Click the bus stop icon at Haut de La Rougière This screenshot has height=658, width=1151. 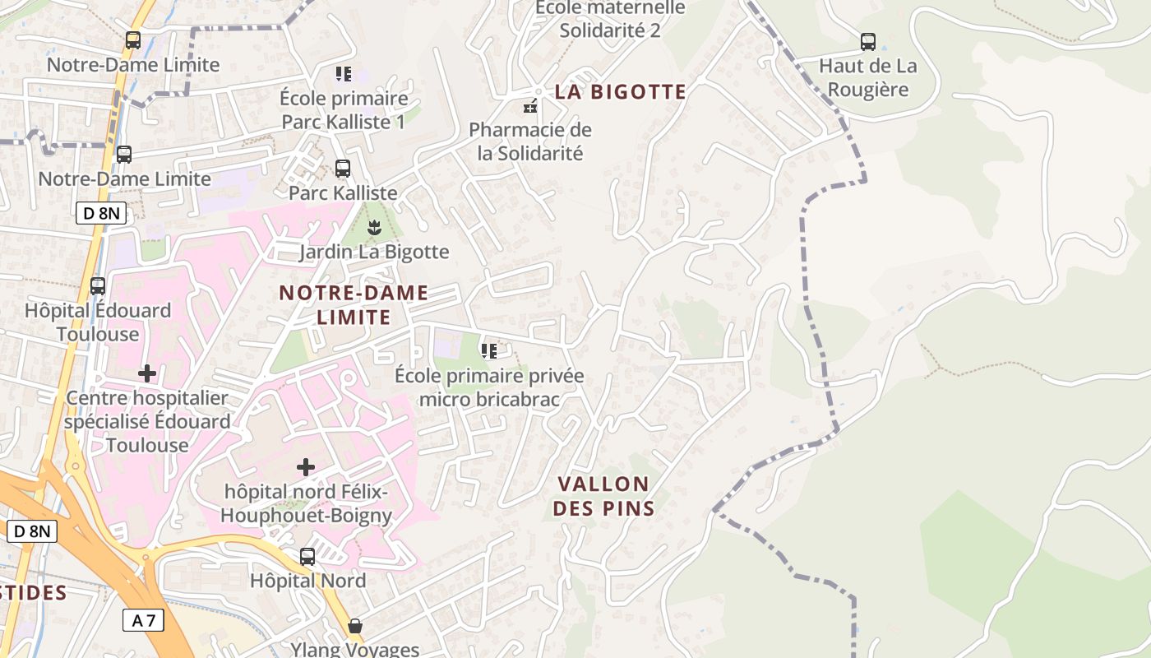[867, 41]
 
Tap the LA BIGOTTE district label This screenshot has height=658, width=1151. [620, 91]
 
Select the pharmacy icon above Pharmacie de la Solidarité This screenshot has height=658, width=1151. [530, 105]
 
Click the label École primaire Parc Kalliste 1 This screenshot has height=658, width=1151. [344, 110]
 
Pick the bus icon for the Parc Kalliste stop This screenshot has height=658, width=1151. [343, 169]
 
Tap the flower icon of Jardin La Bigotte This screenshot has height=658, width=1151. [374, 227]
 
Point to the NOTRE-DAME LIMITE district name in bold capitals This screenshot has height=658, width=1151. [354, 304]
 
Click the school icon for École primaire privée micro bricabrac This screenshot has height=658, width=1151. [489, 351]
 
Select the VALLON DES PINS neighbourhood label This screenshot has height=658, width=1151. [603, 496]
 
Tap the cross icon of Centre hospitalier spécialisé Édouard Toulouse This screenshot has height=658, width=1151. [147, 373]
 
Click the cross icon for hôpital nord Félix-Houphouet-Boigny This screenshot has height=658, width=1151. [306, 467]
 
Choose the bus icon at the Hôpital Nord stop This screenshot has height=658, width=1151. [307, 557]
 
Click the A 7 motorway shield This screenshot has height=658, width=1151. [144, 620]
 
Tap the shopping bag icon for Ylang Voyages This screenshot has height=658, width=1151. [355, 626]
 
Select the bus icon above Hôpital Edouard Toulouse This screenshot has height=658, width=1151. [98, 286]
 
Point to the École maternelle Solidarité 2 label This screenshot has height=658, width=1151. [610, 19]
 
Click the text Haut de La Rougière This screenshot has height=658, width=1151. [867, 77]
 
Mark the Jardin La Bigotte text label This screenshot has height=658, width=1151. [374, 252]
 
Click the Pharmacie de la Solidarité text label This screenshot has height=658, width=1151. [530, 141]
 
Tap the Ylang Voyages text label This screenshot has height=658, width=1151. [355, 649]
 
